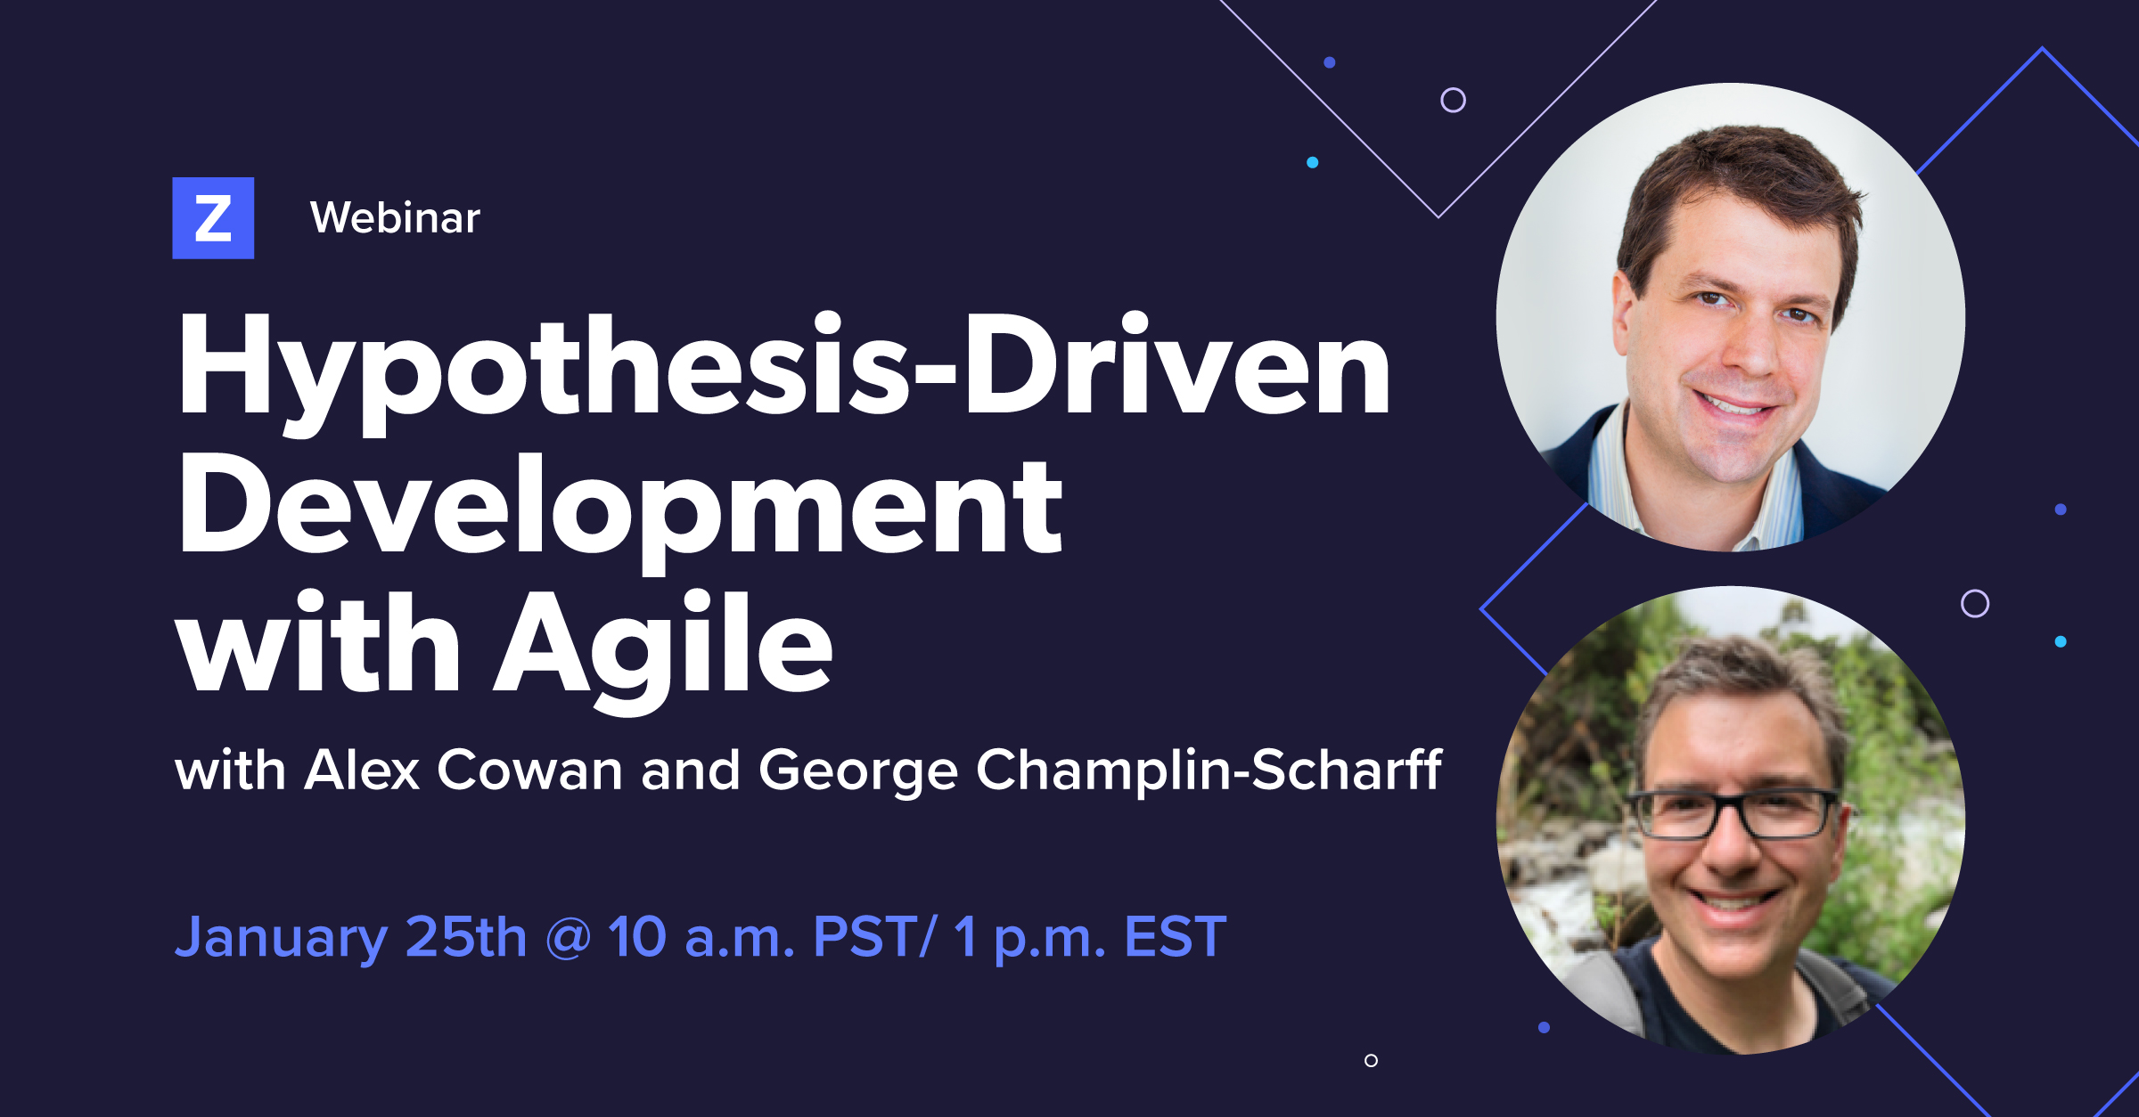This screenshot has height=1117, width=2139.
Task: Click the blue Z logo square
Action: tap(213, 218)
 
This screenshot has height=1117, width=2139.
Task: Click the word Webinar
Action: tap(395, 218)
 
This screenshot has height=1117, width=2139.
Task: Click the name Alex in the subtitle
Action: tap(361, 770)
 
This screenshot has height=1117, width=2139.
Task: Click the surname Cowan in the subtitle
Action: tap(529, 770)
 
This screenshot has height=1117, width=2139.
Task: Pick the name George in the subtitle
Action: tap(857, 771)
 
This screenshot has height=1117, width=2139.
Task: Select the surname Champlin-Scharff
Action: tap(1209, 770)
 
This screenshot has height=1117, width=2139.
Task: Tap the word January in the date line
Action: tap(281, 938)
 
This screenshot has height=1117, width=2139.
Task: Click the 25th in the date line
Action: tap(466, 936)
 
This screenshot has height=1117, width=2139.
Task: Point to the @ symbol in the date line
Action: tap(568, 938)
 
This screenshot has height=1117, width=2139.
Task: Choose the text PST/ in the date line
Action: tap(873, 936)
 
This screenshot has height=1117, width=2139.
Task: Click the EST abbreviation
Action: tap(1175, 936)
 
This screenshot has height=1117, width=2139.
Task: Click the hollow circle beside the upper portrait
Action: tap(1453, 100)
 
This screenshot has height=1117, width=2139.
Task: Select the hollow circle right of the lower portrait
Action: tap(1975, 603)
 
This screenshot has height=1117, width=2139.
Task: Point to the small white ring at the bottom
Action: tap(1371, 1060)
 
